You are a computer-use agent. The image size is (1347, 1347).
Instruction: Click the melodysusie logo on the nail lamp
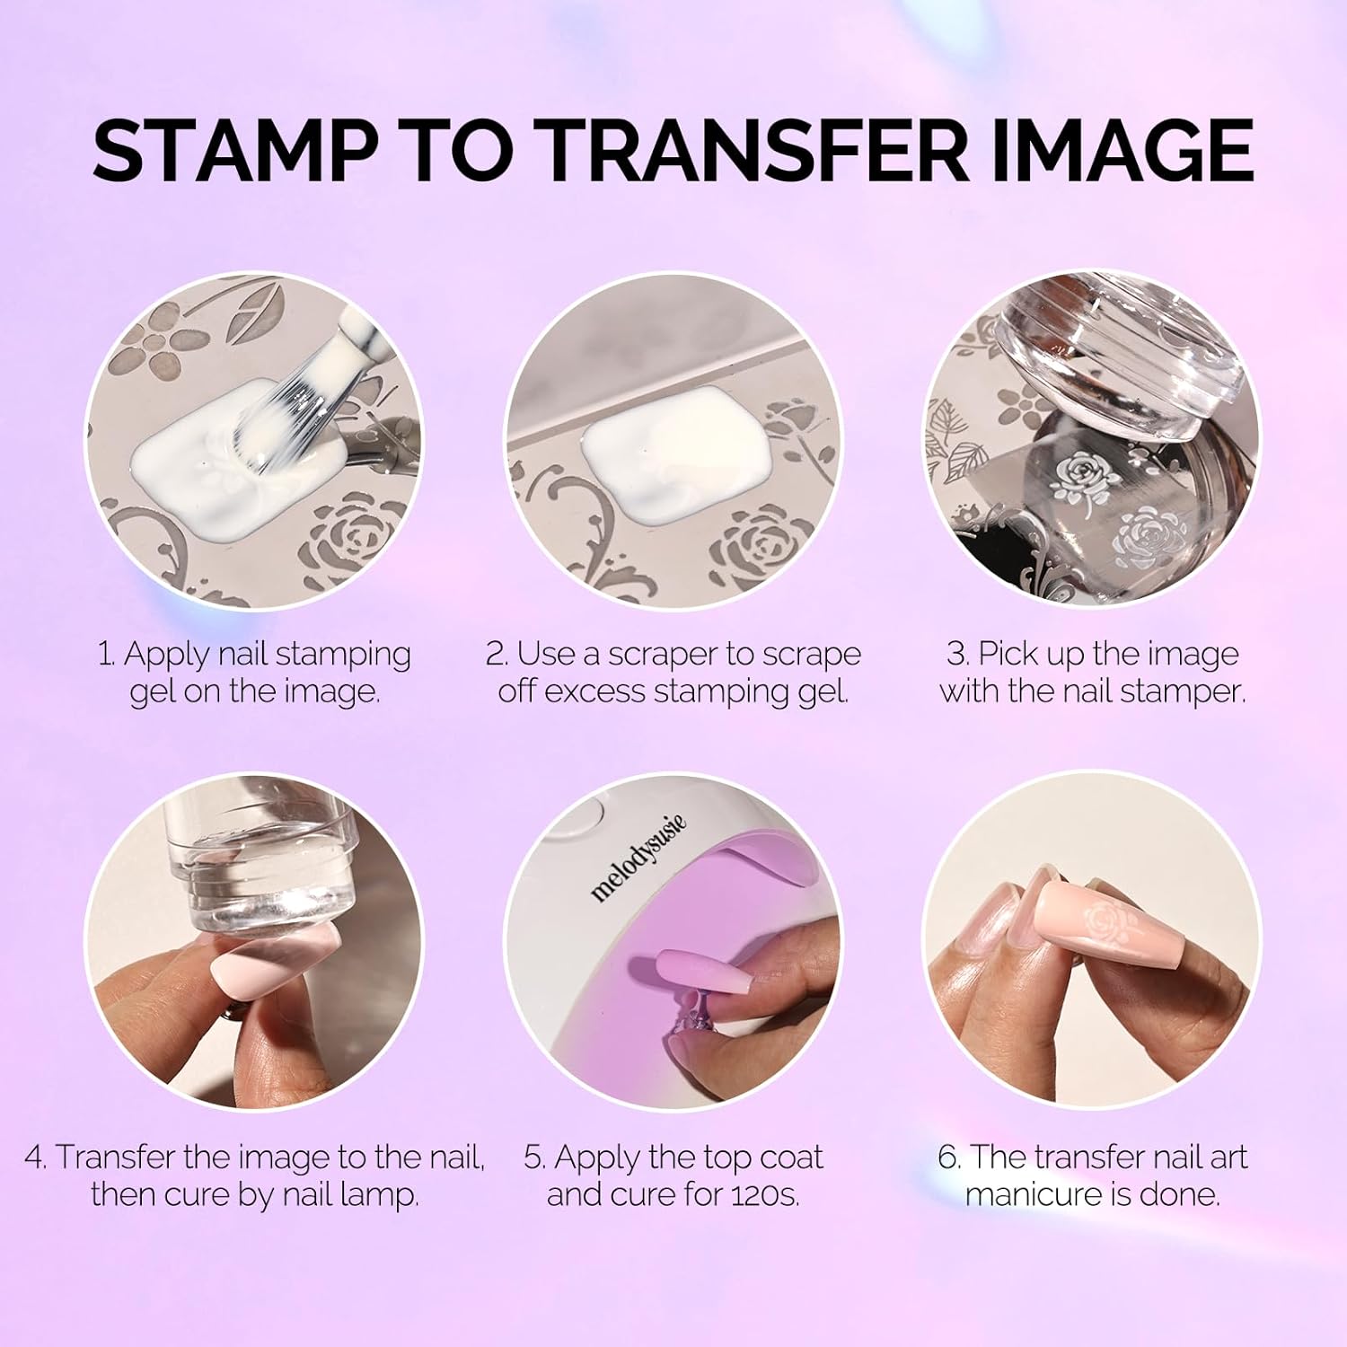(x=638, y=858)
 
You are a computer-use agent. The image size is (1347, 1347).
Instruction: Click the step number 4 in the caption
(x=34, y=1158)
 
